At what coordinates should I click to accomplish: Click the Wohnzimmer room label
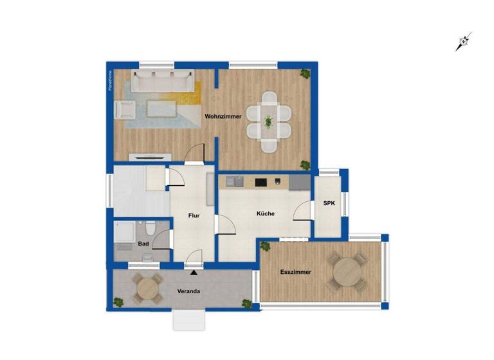coord(223,117)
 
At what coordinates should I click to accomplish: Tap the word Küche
coord(266,213)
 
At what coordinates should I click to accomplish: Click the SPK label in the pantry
coord(329,204)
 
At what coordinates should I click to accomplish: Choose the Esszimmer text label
coord(296,272)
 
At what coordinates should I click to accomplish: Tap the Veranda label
coord(188,291)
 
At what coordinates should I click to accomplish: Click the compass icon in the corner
coord(463,42)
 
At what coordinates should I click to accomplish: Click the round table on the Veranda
coord(149,289)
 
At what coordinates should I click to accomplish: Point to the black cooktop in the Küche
coord(261,183)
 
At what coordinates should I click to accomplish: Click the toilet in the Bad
coord(150,228)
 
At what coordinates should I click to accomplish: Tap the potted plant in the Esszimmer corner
coord(264,244)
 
